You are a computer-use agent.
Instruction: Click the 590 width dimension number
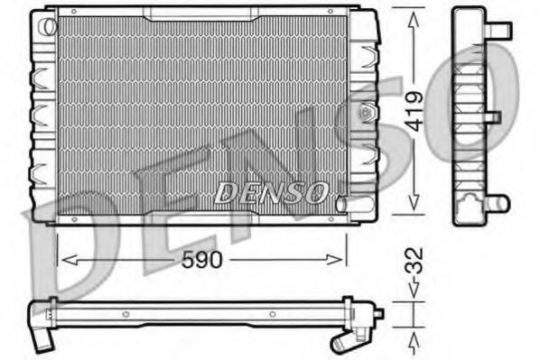click(202, 260)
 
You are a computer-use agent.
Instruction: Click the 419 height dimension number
click(414, 111)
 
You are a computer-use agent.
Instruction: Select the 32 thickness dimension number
click(414, 261)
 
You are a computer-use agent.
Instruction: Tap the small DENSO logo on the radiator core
click(271, 192)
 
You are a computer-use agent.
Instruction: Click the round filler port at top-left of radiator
click(48, 26)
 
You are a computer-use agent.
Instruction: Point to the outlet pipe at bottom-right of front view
click(354, 205)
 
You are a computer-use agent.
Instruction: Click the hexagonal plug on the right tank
click(366, 112)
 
